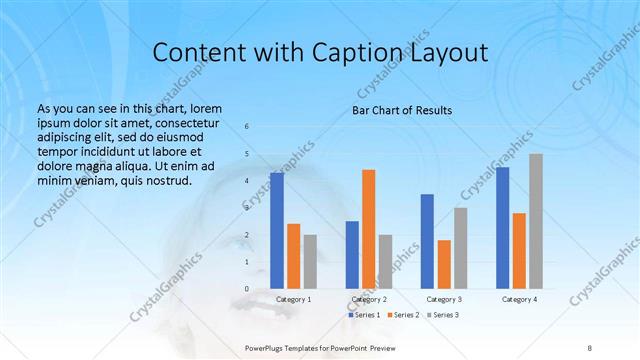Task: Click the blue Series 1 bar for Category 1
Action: [x=277, y=230]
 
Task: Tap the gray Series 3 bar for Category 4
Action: [x=536, y=221]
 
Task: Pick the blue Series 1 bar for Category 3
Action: [x=427, y=241]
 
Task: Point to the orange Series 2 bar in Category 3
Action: [x=444, y=264]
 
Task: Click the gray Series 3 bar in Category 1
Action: [x=310, y=261]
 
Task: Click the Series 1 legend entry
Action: [x=365, y=315]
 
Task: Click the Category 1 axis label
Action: [x=294, y=299]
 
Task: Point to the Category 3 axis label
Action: [x=444, y=299]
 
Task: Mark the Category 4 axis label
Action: [x=519, y=299]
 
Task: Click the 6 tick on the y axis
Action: [x=247, y=126]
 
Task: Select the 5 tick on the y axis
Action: [x=247, y=154]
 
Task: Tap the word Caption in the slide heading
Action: [x=364, y=53]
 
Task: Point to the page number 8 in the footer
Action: [x=589, y=347]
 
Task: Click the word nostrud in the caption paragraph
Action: [x=164, y=180]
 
